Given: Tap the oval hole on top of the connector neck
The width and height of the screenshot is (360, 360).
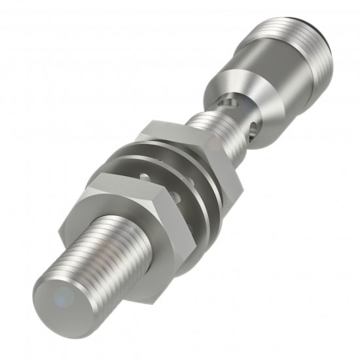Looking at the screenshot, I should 227,101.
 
